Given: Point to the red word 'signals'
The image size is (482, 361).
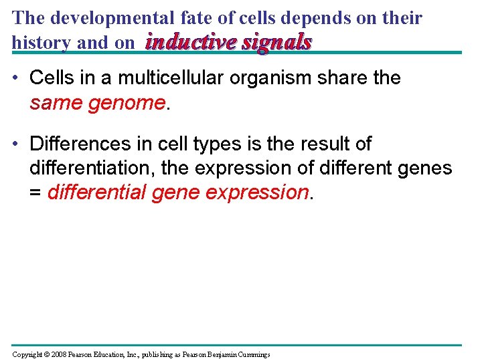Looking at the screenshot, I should coord(276,43).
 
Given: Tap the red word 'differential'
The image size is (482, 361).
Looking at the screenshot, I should coord(97,193).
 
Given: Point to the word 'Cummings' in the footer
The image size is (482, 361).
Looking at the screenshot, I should coord(252,354).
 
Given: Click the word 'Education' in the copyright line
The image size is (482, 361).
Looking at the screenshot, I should coord(117,354).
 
